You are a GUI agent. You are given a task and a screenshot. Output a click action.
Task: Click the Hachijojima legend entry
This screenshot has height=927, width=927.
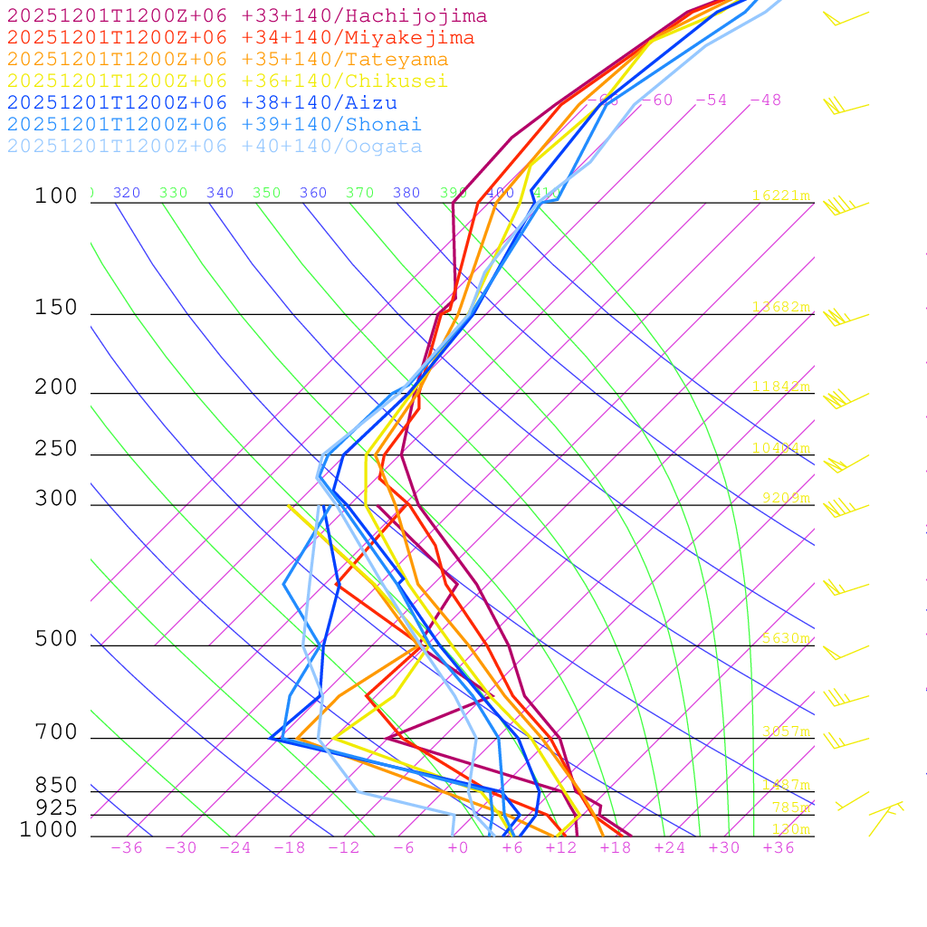point(246,16)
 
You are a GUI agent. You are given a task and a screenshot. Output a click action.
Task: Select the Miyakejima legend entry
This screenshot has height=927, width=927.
point(240,38)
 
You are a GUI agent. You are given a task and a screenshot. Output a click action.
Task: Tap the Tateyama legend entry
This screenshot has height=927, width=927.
point(227,60)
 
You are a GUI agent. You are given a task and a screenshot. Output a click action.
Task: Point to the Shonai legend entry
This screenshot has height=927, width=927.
point(214,125)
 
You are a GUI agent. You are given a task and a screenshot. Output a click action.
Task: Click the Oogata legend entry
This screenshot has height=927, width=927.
point(214,147)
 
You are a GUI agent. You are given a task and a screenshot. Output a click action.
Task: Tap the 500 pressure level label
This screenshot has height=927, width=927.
point(56,639)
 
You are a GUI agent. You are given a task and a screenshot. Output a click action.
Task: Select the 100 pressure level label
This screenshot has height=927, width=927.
point(56,196)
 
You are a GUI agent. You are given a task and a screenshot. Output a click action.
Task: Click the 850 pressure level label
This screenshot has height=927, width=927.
point(56,786)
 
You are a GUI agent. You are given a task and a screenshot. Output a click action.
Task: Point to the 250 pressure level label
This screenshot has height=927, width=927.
point(56,449)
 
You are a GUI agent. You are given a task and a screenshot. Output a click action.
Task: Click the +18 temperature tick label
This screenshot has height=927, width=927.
point(615,848)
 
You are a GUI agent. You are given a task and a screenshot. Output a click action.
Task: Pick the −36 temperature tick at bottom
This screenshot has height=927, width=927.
point(126,848)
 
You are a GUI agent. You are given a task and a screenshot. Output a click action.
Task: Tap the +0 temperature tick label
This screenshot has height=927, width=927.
point(457,848)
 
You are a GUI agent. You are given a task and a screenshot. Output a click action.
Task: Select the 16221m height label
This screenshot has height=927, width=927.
point(780,196)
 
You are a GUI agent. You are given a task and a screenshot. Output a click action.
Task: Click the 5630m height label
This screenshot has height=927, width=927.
point(784,638)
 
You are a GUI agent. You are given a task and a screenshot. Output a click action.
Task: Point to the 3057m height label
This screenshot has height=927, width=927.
point(784,731)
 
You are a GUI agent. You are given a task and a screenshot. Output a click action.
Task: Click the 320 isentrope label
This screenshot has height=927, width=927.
point(127,193)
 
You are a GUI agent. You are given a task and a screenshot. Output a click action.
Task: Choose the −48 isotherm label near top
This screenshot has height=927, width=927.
point(765,100)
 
